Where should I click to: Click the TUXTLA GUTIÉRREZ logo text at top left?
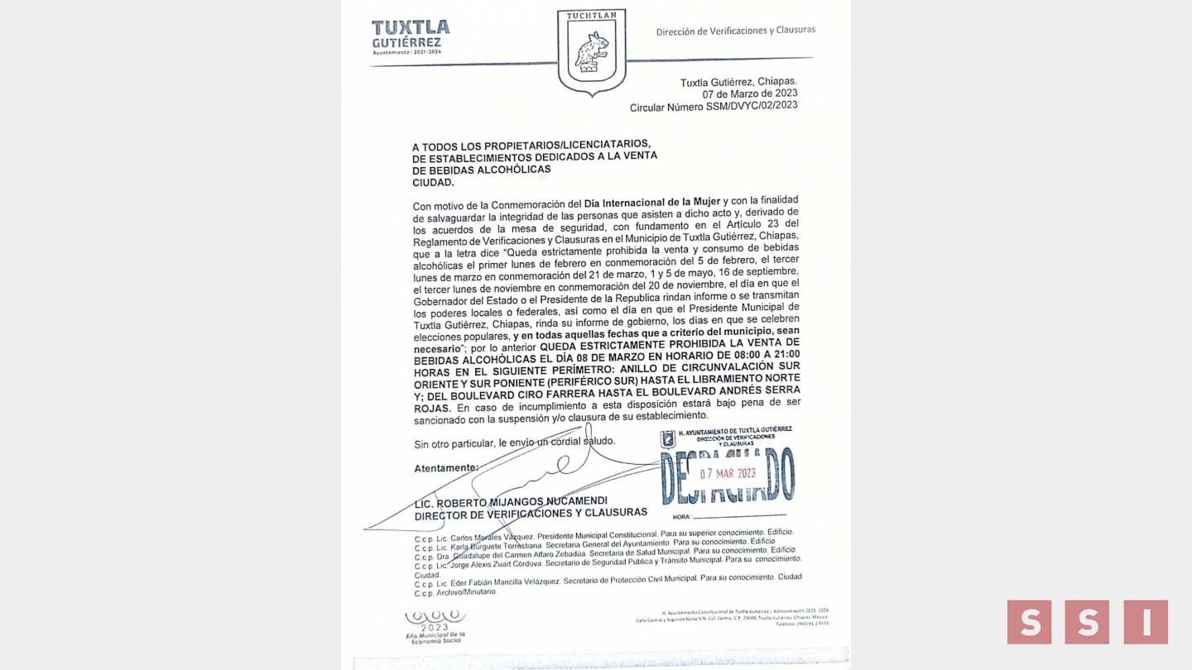[x=411, y=34]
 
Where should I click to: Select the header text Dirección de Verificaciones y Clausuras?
[x=735, y=31]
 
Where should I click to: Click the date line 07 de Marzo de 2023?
[x=750, y=93]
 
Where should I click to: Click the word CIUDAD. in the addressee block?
[x=433, y=182]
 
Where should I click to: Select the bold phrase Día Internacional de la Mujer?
[x=652, y=203]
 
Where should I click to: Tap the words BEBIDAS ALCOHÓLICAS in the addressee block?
[x=481, y=170]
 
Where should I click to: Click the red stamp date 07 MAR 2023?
[x=728, y=474]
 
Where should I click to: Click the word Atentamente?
[x=446, y=468]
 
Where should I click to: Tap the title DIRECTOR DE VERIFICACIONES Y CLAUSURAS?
[x=531, y=513]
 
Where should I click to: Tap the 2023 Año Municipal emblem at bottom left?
[x=435, y=626]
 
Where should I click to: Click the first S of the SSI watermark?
[x=1029, y=622]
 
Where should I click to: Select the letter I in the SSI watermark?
[x=1146, y=622]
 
